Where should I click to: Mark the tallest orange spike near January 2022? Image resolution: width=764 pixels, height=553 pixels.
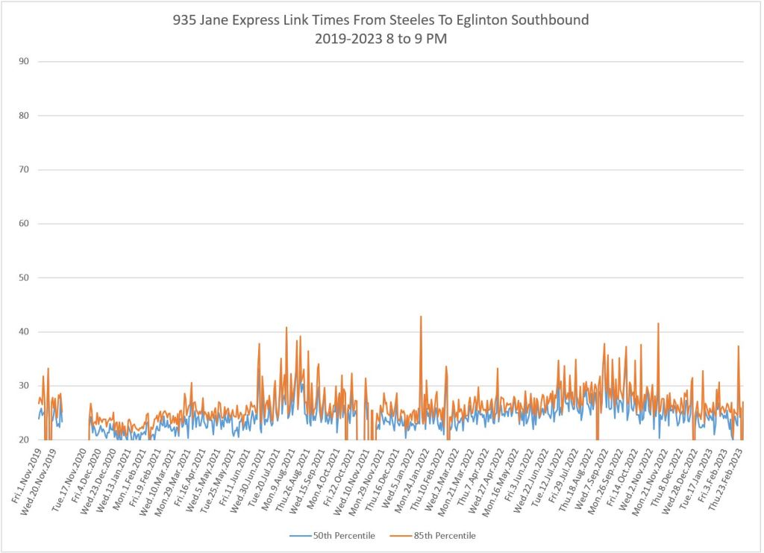point(421,316)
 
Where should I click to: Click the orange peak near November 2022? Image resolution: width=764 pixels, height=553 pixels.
point(658,323)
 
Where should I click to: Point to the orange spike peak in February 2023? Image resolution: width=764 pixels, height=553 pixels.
point(738,346)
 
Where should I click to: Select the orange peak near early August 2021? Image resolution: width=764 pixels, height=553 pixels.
point(286,327)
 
